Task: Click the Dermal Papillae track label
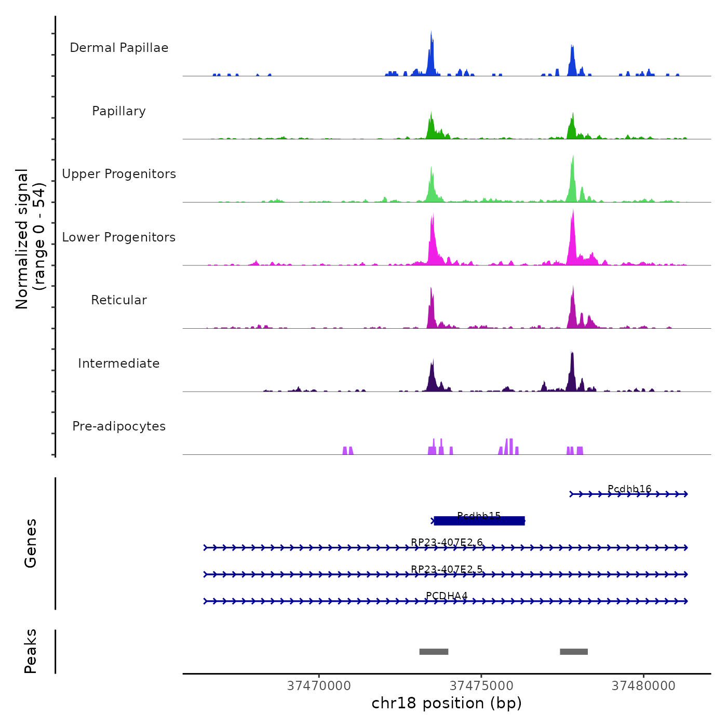click(119, 48)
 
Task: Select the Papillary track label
click(119, 111)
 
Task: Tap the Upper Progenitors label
click(119, 174)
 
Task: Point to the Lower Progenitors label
click(119, 237)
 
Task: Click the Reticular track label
click(119, 300)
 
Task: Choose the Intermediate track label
click(119, 363)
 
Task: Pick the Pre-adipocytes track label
click(119, 426)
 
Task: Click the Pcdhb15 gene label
click(479, 515)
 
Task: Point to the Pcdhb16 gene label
click(629, 489)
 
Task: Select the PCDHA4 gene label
click(447, 596)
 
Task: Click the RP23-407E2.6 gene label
click(447, 542)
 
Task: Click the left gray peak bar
click(434, 652)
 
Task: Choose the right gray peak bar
click(574, 652)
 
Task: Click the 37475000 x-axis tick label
click(481, 686)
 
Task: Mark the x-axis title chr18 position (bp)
click(447, 703)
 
